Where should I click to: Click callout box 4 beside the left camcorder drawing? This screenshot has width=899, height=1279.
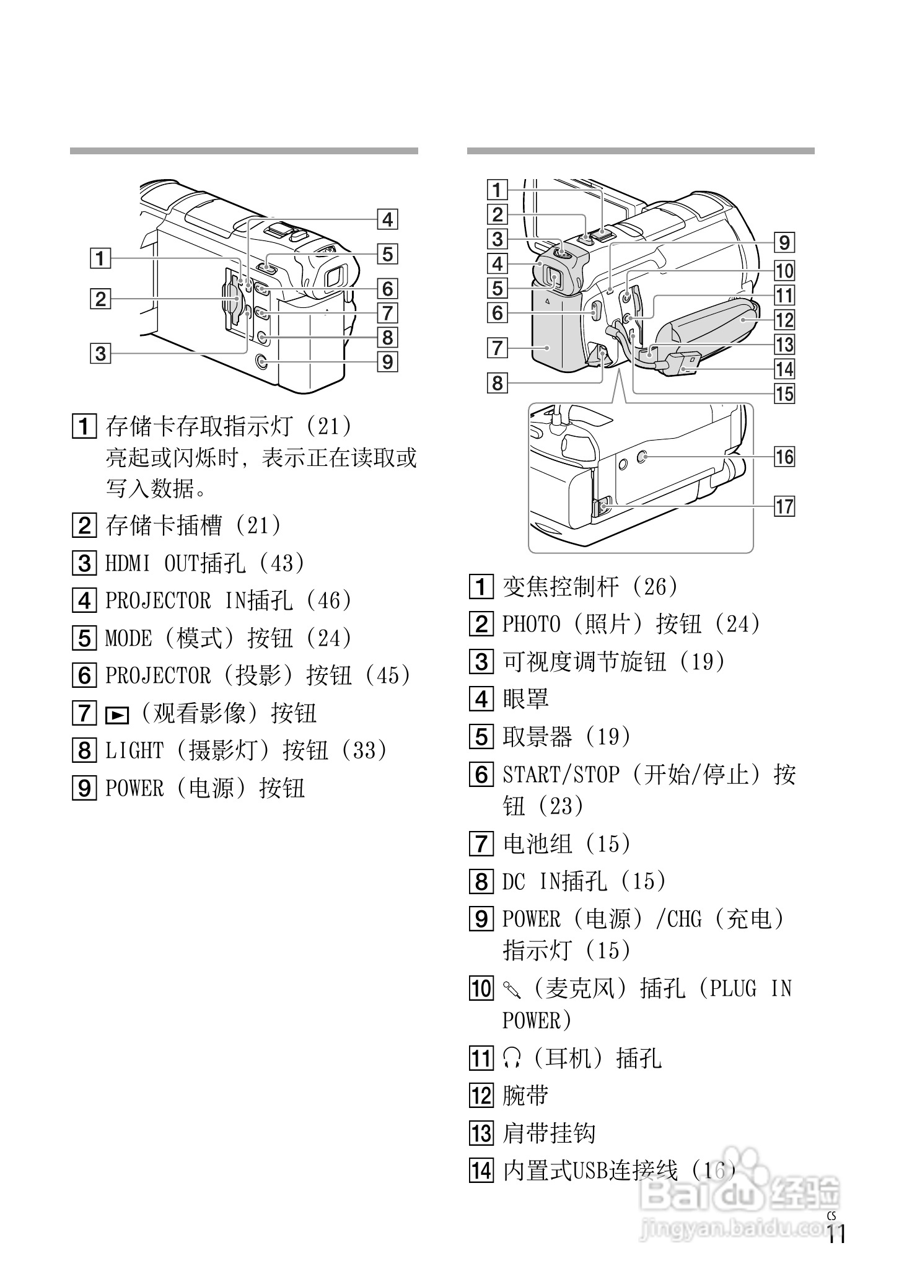pyautogui.click(x=387, y=219)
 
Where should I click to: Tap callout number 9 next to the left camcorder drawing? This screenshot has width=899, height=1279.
pyautogui.click(x=387, y=361)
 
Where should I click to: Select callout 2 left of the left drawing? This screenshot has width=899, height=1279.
pyautogui.click(x=100, y=299)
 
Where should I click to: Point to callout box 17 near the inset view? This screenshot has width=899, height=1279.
pyautogui.click(x=784, y=506)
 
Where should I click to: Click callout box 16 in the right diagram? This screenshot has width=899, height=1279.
pyautogui.click(x=784, y=457)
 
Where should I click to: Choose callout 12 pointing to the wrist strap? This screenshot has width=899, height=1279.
pyautogui.click(x=784, y=320)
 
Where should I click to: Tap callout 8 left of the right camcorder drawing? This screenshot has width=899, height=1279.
pyautogui.click(x=498, y=383)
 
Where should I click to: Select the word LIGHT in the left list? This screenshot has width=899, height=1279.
pyautogui.click(x=134, y=750)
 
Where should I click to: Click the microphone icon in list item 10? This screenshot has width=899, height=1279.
pyautogui.click(x=512, y=988)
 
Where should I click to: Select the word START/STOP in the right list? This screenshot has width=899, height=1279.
pyautogui.click(x=561, y=775)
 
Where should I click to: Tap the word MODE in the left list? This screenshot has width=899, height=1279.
pyautogui.click(x=128, y=638)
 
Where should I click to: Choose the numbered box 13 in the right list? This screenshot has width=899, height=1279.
pyautogui.click(x=481, y=1133)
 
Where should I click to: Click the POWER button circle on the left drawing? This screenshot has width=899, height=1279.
pyautogui.click(x=261, y=361)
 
